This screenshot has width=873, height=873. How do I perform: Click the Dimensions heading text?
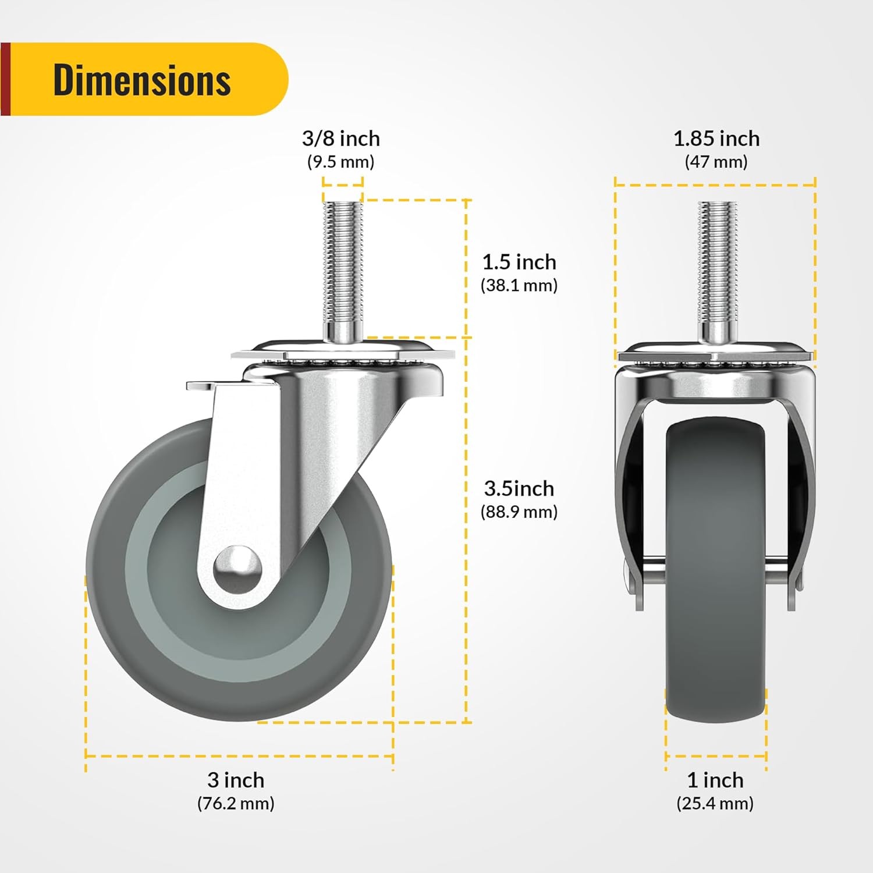click(x=142, y=80)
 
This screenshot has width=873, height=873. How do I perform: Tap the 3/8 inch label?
click(x=340, y=139)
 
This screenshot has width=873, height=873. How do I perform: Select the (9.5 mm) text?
click(x=340, y=162)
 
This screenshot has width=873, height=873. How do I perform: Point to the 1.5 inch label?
click(x=519, y=262)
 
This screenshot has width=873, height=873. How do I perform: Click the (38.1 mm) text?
click(x=519, y=285)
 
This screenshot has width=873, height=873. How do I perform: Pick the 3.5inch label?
click(x=519, y=488)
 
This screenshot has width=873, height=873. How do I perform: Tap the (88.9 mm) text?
click(x=519, y=512)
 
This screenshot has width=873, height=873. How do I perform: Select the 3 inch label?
click(x=236, y=779)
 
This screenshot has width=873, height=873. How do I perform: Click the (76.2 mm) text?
click(x=236, y=803)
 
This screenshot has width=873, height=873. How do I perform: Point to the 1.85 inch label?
click(x=716, y=139)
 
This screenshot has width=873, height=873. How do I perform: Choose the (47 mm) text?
click(x=716, y=162)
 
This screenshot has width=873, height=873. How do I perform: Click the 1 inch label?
click(x=715, y=779)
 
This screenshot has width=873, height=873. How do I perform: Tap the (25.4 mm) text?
click(x=715, y=803)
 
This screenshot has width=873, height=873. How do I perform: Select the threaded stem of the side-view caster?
click(x=342, y=262)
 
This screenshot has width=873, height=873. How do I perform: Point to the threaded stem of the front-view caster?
click(x=718, y=262)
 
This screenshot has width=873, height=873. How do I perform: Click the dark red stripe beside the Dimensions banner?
click(x=5, y=79)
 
